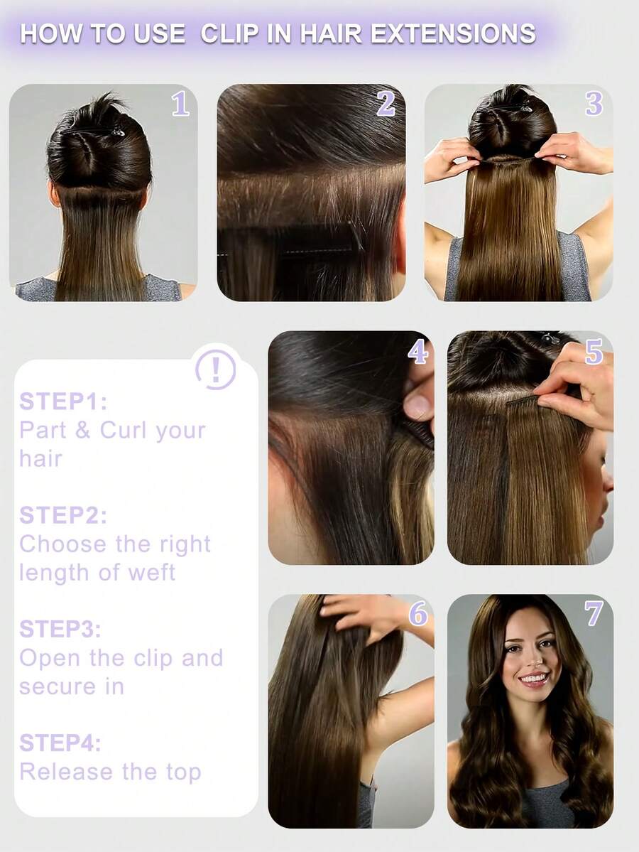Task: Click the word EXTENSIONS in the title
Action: click(453, 33)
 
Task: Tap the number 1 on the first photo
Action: click(180, 104)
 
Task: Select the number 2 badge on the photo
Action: click(386, 104)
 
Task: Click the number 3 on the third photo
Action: click(594, 104)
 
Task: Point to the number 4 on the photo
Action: click(417, 352)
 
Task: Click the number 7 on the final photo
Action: click(594, 613)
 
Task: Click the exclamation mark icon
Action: click(216, 370)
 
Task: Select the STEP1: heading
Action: click(63, 401)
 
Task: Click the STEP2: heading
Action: click(63, 515)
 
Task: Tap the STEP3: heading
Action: click(60, 629)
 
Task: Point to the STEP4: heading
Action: click(60, 743)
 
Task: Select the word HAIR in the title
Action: click(331, 33)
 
